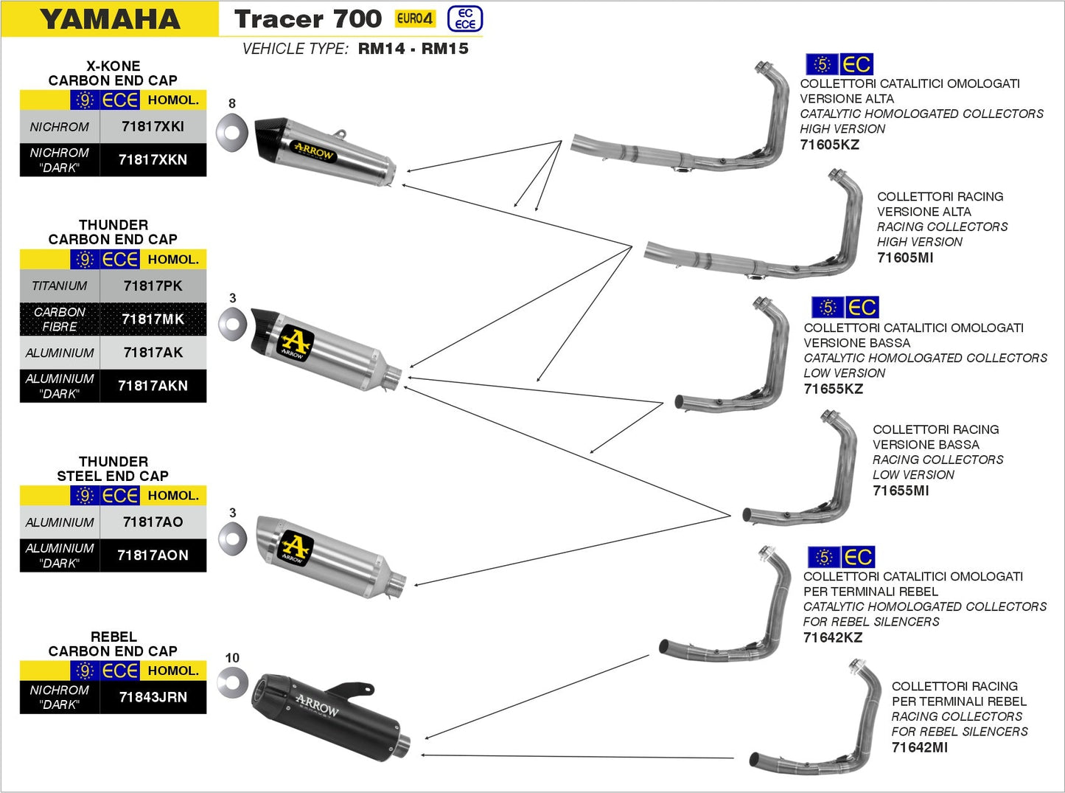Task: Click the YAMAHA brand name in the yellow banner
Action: click(x=111, y=19)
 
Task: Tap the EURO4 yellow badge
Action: click(x=415, y=18)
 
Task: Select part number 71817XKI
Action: click(x=153, y=127)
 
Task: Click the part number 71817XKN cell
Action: click(x=153, y=160)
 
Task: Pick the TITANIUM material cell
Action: click(x=60, y=286)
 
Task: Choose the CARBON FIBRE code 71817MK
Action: click(x=153, y=319)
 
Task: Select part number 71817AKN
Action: click(x=153, y=386)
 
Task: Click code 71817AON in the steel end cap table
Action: click(x=153, y=555)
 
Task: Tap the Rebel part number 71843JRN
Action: click(x=153, y=697)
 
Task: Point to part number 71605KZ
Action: click(x=830, y=145)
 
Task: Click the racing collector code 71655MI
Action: click(x=901, y=491)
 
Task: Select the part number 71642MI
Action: click(x=920, y=747)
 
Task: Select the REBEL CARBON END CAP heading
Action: click(x=113, y=644)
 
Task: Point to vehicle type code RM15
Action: click(x=445, y=49)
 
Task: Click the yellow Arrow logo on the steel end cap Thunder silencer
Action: click(x=296, y=547)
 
